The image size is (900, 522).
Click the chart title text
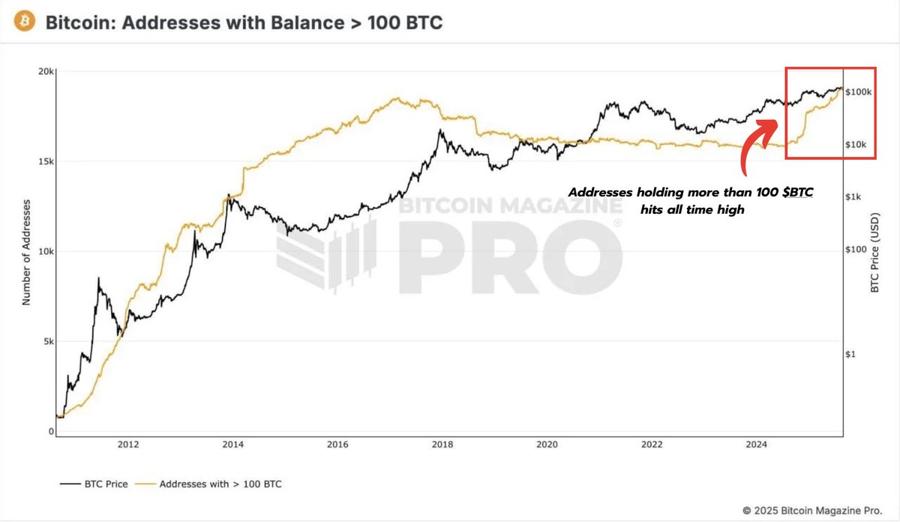pos(244,23)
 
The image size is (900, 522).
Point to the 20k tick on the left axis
pos(46,72)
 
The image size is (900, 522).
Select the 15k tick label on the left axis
pos(46,162)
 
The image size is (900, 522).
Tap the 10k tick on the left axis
pos(46,252)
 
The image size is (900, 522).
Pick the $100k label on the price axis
pos(859,92)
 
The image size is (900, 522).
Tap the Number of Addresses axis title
pos(27,252)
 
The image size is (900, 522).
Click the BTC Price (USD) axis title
pos(874,252)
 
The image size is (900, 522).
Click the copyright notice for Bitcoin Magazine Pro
pos(811,510)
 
